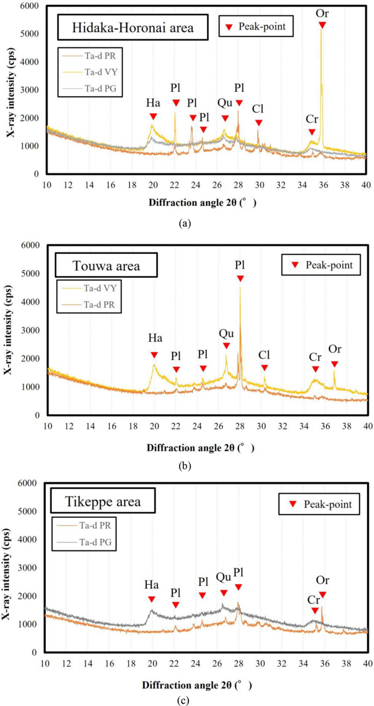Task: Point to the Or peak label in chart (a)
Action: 322,11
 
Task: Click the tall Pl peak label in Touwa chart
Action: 240,265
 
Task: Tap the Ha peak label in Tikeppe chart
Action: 151,585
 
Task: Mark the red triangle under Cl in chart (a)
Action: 259,123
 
